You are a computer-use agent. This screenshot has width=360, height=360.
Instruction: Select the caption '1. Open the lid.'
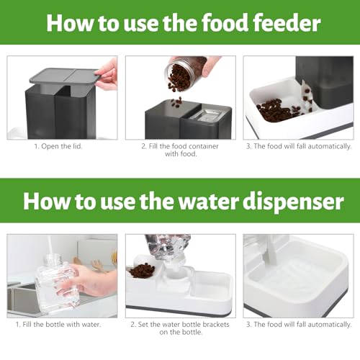pyautogui.click(x=60, y=146)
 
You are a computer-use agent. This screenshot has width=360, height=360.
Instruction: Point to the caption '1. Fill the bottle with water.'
pyautogui.click(x=61, y=324)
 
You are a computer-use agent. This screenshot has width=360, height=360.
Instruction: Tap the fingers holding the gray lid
pyautogui.click(x=107, y=72)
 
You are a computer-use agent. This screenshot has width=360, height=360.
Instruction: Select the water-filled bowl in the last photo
pyautogui.click(x=295, y=277)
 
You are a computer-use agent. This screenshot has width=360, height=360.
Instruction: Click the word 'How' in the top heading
pyautogui.click(x=71, y=23)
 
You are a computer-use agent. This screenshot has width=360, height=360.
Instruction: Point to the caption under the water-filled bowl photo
pyautogui.click(x=297, y=324)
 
